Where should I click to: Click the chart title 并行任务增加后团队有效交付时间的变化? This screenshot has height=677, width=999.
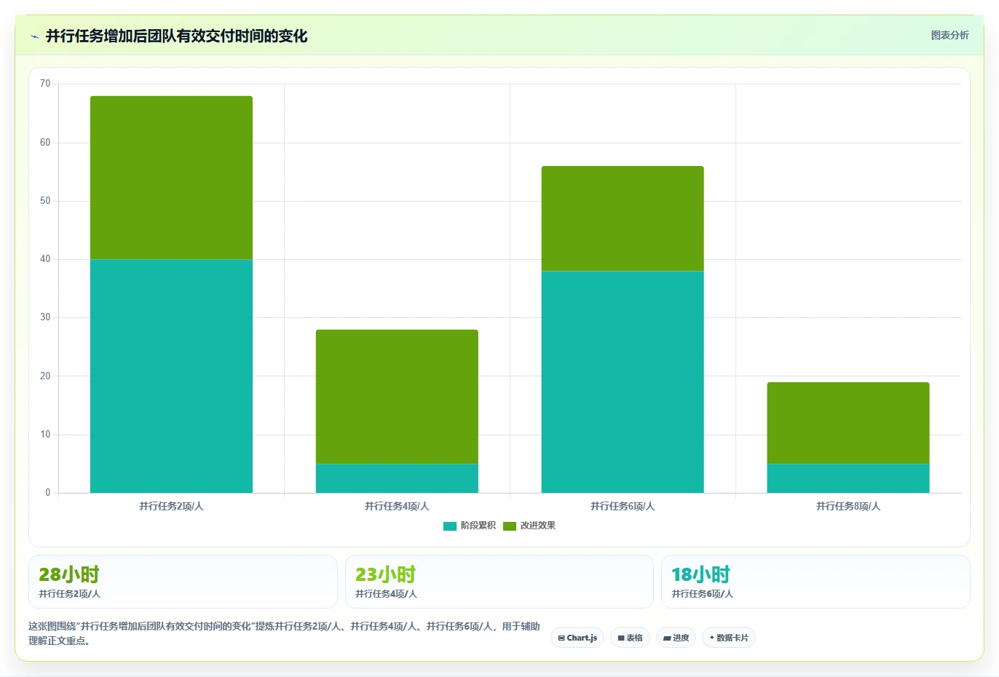[x=177, y=36]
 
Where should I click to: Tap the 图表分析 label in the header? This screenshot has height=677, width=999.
[x=949, y=35]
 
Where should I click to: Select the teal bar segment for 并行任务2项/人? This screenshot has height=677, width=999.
[x=171, y=376]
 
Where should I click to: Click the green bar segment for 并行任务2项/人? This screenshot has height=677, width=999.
[x=171, y=178]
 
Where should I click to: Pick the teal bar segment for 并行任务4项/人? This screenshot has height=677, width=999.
[x=397, y=478]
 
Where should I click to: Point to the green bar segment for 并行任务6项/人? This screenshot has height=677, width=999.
[x=623, y=218]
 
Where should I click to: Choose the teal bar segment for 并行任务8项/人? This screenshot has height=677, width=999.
[x=848, y=478]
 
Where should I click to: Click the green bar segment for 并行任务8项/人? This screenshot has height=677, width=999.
[x=848, y=423]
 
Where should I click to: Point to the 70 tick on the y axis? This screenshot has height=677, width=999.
[x=45, y=84]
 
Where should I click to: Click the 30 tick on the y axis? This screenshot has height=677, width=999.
[x=45, y=317]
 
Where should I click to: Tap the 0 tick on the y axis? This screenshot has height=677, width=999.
[x=48, y=492]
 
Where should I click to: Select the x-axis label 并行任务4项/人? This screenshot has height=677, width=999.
[x=397, y=506]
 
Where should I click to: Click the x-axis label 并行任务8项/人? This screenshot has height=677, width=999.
[x=848, y=506]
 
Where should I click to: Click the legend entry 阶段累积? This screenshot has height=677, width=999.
[x=470, y=526]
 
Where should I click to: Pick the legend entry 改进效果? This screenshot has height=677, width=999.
[x=529, y=526]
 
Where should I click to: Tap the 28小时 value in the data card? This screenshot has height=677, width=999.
[x=69, y=574]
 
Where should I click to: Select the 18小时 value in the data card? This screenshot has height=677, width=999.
[x=700, y=574]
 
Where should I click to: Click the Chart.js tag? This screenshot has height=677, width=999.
[x=577, y=638]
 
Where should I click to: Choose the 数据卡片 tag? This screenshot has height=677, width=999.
[x=729, y=638]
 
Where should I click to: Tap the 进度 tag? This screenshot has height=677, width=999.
[x=676, y=638]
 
